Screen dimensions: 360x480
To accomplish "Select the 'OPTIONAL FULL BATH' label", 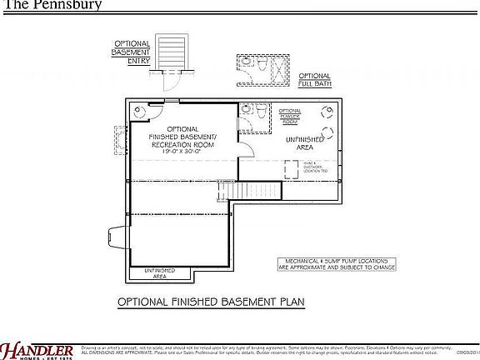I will click(314, 79).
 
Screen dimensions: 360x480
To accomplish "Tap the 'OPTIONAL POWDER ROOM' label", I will click(289, 116).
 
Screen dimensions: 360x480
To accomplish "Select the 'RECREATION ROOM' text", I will click(182, 145).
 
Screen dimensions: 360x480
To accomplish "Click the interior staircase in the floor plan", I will click(223, 191).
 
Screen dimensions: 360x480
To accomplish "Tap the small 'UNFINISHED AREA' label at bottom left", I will click(159, 272).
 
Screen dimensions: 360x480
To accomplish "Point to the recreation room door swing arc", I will click(247, 147).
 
